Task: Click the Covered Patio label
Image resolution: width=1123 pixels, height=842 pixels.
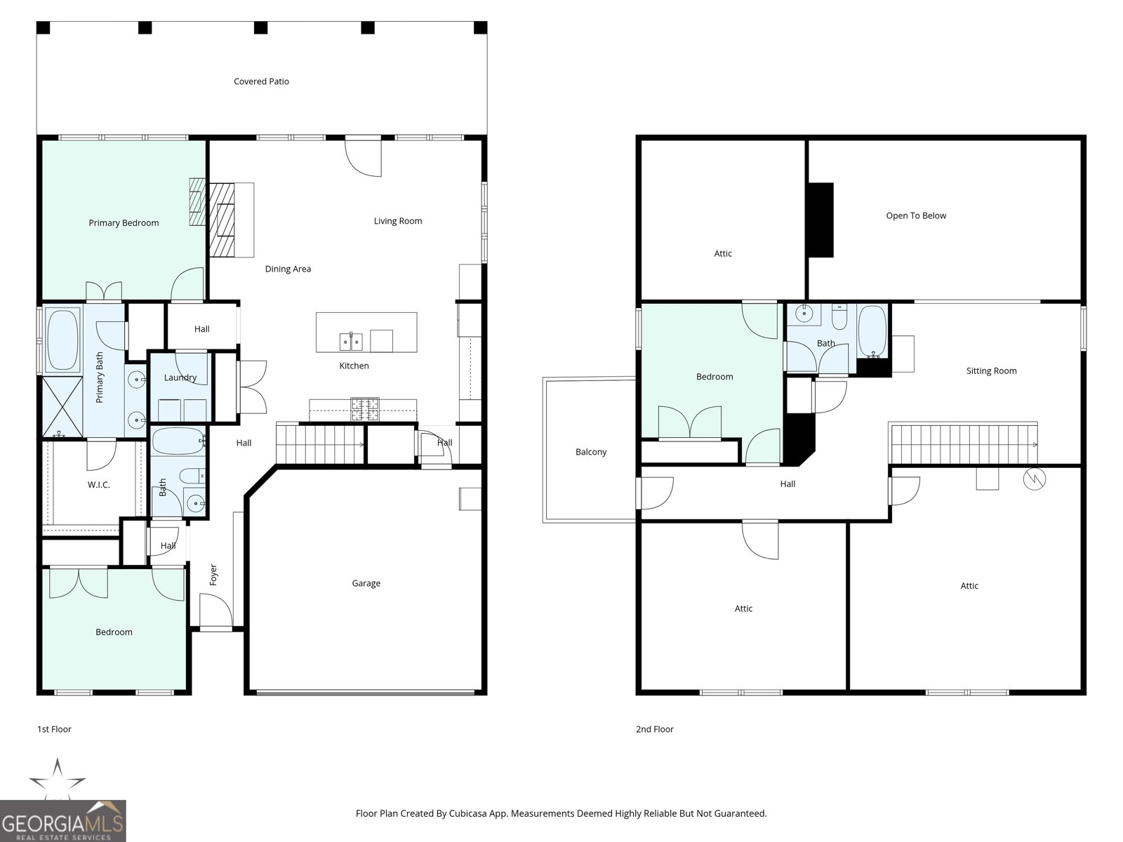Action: tap(261, 81)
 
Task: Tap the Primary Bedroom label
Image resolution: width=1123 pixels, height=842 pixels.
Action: tap(124, 223)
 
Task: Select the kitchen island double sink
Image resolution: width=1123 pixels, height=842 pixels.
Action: tap(350, 342)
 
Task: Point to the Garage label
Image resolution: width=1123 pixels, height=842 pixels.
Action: tap(366, 583)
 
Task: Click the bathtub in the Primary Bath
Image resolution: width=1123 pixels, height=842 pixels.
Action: tap(62, 340)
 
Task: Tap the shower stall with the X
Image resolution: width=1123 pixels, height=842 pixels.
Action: tap(62, 406)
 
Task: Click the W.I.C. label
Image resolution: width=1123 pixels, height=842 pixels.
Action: tap(98, 485)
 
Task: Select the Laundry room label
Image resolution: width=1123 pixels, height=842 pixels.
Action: tap(180, 377)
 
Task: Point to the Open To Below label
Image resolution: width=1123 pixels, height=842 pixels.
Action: tap(915, 215)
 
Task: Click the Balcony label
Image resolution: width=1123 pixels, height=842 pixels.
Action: tap(590, 452)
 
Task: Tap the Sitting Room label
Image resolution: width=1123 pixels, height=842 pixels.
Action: tap(990, 371)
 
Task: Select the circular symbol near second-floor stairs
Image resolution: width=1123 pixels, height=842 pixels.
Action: tap(1035, 479)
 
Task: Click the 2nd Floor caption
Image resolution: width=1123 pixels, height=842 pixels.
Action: tap(654, 729)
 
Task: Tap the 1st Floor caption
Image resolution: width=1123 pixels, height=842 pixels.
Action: tap(54, 729)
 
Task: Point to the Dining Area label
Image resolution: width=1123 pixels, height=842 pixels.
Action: tap(288, 269)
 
